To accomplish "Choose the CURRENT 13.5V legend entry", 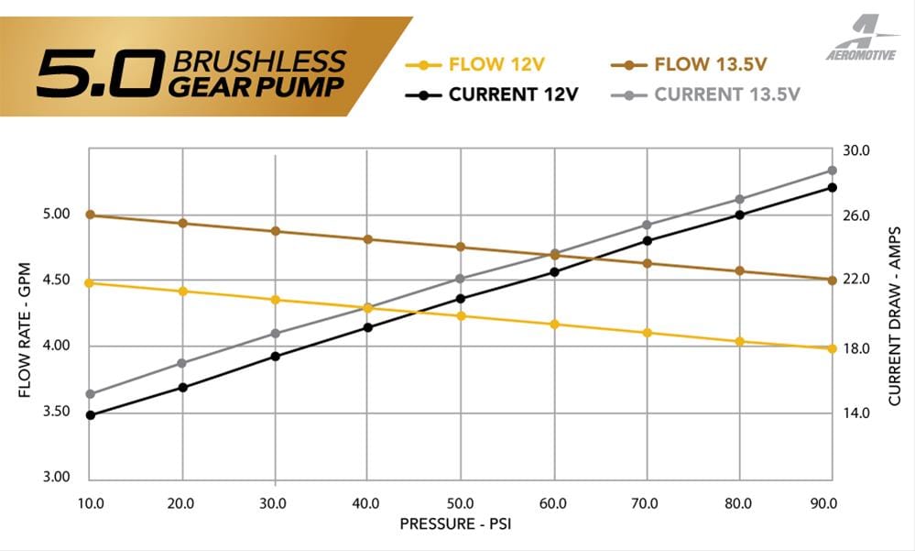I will click(715, 94).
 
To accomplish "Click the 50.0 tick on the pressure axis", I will click(460, 503).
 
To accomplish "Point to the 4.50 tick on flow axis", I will click(57, 280).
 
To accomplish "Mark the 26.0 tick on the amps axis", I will click(855, 215).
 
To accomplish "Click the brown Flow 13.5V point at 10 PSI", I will click(90, 215).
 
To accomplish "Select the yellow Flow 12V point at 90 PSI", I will click(832, 348).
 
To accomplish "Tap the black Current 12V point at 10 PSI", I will click(90, 415).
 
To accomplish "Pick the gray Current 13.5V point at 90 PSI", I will click(832, 171).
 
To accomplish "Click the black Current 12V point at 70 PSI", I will click(647, 240).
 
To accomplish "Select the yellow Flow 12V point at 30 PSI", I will click(275, 300).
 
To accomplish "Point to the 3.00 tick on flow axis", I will click(57, 478).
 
